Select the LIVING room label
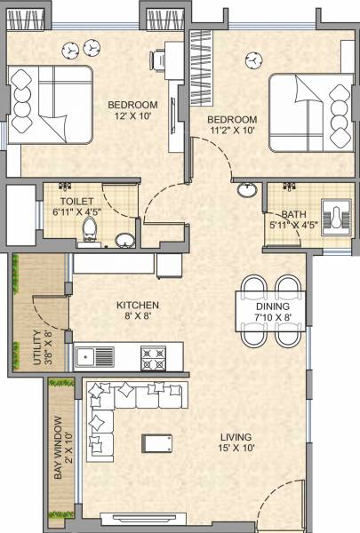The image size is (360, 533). point(236,437)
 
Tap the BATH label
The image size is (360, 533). point(293,214)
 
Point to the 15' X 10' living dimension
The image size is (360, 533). point(236,449)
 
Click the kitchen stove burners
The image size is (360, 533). point(154,357)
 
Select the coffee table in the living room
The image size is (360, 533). point(158,442)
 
